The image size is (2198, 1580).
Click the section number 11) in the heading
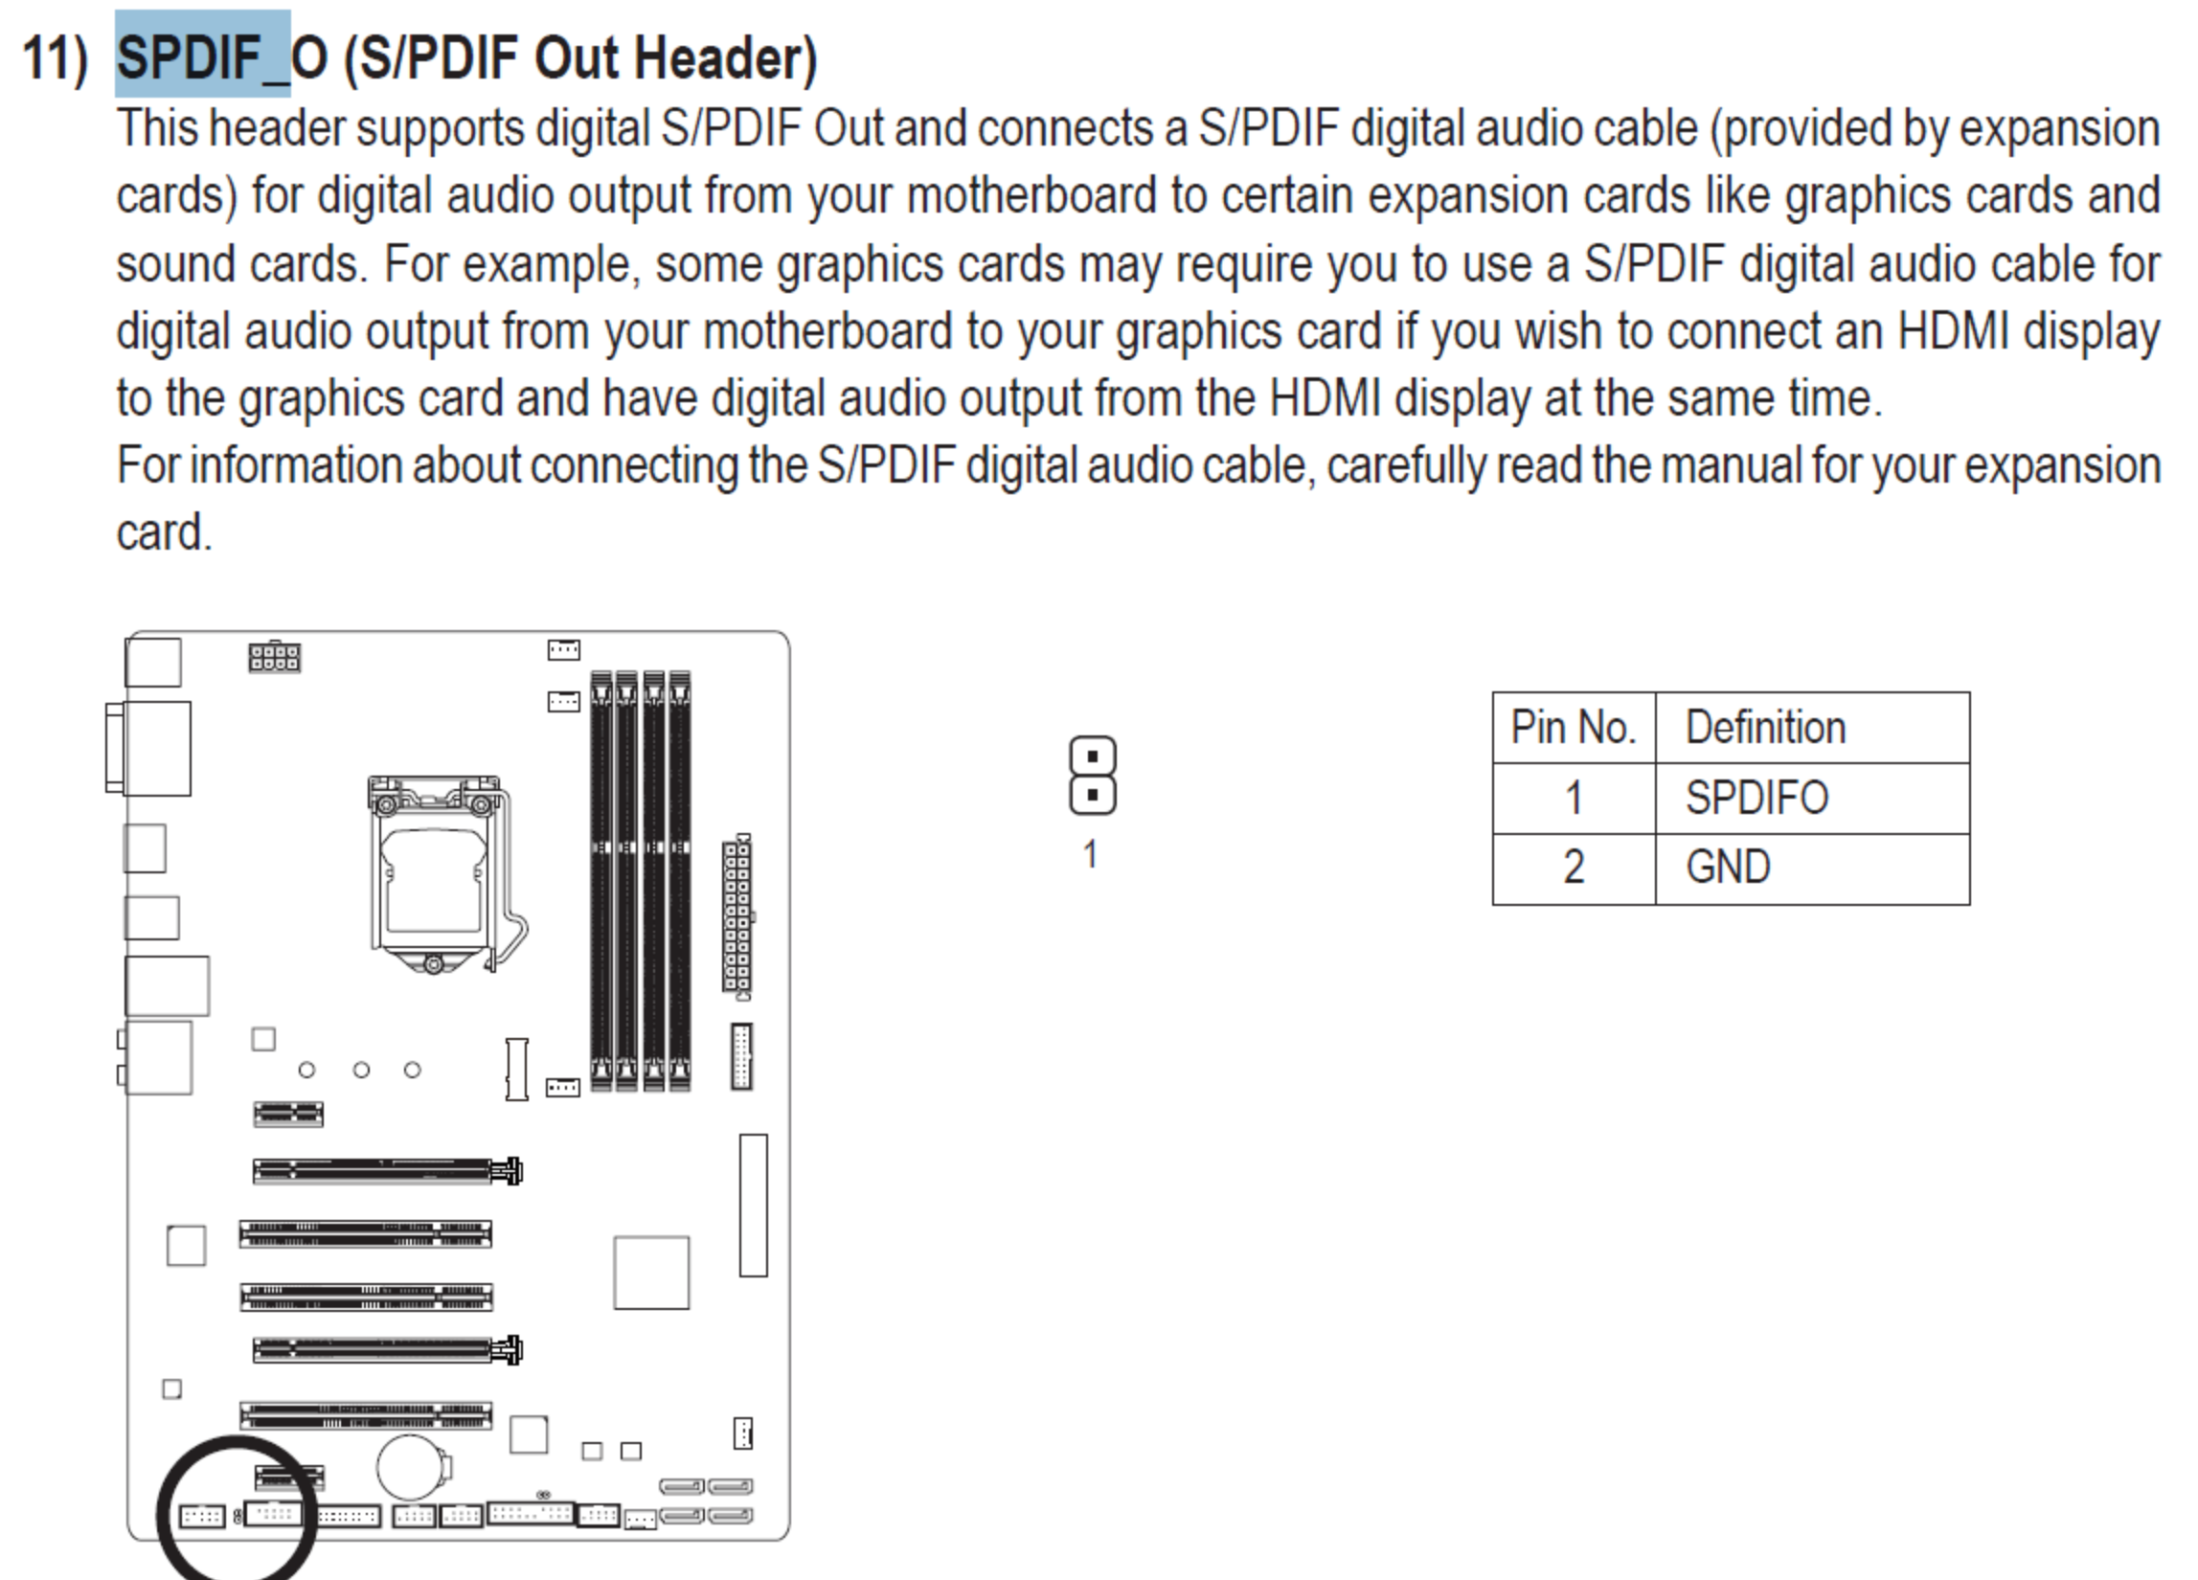[x=55, y=58]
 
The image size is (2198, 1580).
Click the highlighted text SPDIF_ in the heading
[x=202, y=56]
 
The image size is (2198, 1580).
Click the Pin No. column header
[x=1574, y=728]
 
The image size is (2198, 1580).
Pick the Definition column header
[x=1766, y=728]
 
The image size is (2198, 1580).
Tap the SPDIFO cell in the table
[x=1756, y=799]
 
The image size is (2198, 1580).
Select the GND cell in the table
[x=1728, y=867]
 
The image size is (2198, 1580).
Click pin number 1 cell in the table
[x=1574, y=799]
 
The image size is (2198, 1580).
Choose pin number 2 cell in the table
[x=1574, y=867]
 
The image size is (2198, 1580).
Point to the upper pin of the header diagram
[x=1092, y=756]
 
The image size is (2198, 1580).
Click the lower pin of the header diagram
[x=1092, y=796]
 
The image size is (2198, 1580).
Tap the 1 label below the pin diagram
[x=1090, y=854]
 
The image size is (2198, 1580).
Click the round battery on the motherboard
[x=411, y=1467]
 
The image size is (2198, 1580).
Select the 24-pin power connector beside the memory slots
[x=737, y=914]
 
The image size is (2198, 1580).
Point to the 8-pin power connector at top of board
[x=274, y=657]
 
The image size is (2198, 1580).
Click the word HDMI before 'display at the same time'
[x=1325, y=398]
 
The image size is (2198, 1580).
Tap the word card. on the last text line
[x=164, y=532]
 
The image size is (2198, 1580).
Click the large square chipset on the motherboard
[x=651, y=1272]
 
